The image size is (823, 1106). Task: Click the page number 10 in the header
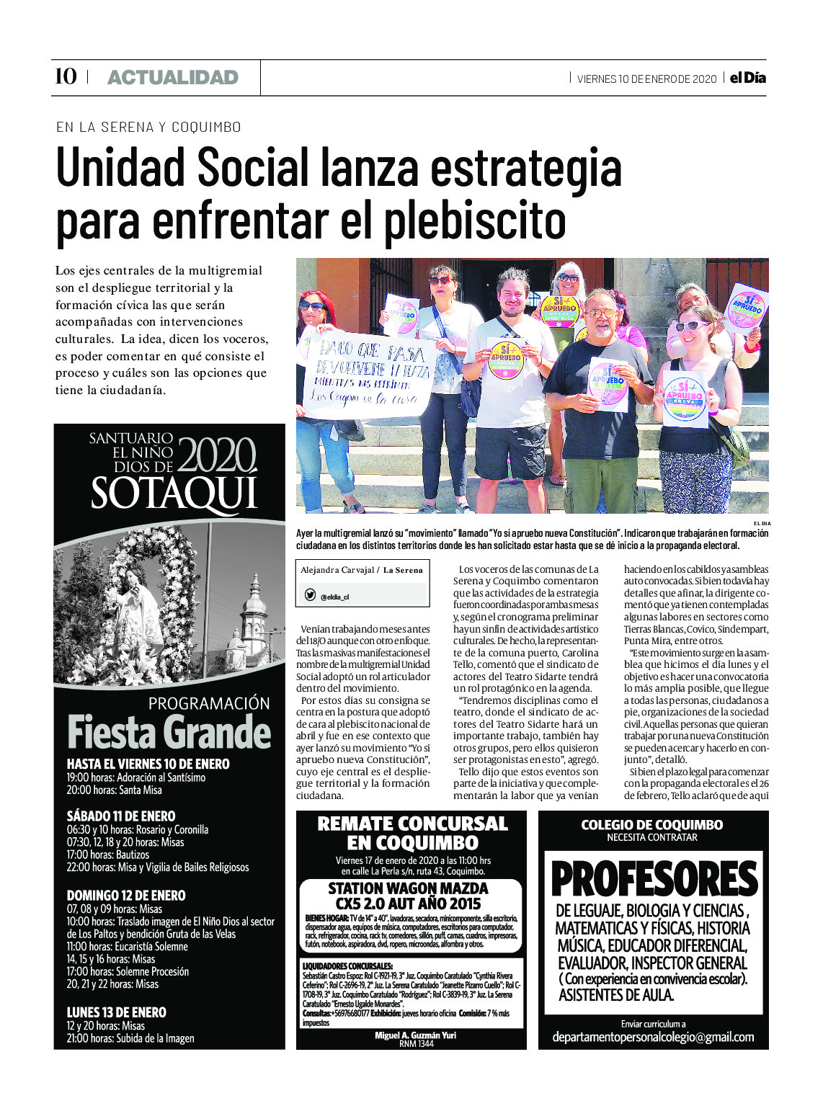click(x=66, y=76)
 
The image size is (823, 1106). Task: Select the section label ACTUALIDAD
click(x=172, y=78)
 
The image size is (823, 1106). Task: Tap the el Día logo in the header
click(x=747, y=78)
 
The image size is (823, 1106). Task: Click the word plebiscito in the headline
click(x=474, y=222)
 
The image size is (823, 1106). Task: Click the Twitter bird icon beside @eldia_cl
click(x=310, y=595)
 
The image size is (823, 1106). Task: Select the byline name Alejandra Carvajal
click(x=337, y=570)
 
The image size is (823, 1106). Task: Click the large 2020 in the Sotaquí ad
click(x=217, y=456)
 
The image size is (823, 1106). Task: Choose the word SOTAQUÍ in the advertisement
click(x=174, y=494)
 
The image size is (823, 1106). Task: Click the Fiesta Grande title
click(x=169, y=733)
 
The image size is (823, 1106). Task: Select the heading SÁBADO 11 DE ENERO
click(x=121, y=816)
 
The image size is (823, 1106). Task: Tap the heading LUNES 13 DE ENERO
click(x=117, y=1012)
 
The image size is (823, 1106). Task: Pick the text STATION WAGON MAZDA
click(x=409, y=888)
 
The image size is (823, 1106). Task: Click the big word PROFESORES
click(x=654, y=879)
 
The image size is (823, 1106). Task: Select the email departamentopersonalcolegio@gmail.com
click(x=653, y=1038)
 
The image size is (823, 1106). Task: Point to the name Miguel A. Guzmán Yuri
click(x=415, y=1035)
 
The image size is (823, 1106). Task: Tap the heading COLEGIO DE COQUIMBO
click(x=652, y=825)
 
